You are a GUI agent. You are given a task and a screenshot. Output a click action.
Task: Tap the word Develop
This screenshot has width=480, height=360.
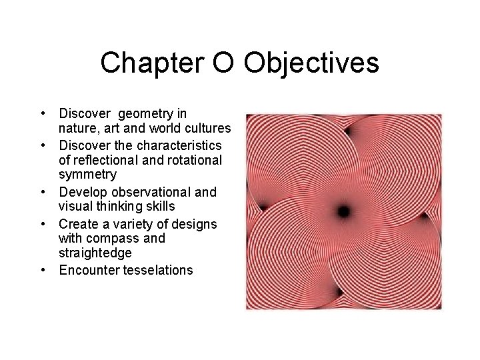point(83,192)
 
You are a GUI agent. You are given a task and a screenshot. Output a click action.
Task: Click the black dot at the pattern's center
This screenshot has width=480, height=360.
point(343,212)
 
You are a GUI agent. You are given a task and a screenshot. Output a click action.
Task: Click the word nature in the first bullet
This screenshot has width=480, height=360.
point(78,127)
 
